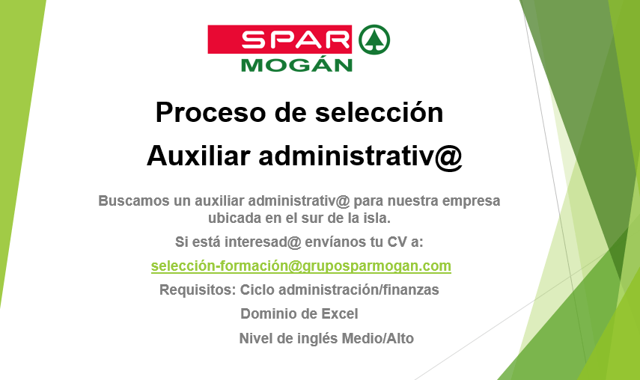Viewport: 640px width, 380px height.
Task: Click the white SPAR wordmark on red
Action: coord(296,40)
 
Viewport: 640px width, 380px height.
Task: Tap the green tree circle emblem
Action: coord(374,40)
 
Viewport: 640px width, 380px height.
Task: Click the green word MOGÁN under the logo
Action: coord(296,65)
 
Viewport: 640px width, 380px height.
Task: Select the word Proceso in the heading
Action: coord(210,112)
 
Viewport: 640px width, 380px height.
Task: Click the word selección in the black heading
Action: coord(380,112)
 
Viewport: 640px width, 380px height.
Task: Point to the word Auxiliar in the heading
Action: coord(198,156)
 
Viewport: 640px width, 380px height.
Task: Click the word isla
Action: coord(377,218)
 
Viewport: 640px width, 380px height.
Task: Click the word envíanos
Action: coord(335,242)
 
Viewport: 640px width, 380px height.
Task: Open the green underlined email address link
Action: coord(301,266)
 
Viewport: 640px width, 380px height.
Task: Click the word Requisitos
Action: coord(198,290)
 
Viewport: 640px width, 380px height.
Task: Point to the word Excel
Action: coord(340,314)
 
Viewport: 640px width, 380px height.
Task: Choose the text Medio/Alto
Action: coord(377,338)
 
